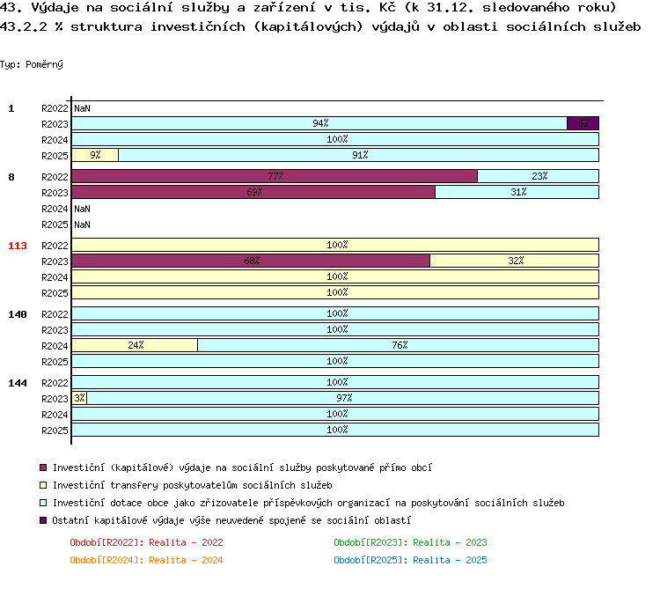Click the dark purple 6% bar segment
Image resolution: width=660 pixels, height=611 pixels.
point(583,123)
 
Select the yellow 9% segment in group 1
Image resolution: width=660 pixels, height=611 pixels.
point(95,155)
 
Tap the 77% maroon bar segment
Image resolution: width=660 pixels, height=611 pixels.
point(275,176)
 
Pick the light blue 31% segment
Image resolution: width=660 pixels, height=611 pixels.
point(517,192)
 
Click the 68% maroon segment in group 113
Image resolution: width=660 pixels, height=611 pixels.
point(251,261)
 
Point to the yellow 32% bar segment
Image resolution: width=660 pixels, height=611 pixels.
point(515,261)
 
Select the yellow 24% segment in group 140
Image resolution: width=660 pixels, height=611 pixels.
point(135,345)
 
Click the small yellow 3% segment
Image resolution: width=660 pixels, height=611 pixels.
point(79,398)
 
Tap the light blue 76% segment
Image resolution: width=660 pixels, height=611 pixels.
point(398,345)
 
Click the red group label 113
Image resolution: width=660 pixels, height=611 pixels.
point(18,246)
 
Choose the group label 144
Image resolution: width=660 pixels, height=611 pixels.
point(18,383)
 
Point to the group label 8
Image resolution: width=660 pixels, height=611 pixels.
point(11,177)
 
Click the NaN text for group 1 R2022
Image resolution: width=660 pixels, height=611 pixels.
point(82,108)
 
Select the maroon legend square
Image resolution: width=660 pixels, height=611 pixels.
point(43,467)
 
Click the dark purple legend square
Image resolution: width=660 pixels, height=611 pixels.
point(43,520)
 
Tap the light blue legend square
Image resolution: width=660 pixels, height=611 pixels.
point(43,503)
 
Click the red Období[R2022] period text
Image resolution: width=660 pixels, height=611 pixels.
point(146,542)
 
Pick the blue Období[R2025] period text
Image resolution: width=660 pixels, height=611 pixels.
point(410,560)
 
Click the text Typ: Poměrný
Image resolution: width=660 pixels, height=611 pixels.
point(32,64)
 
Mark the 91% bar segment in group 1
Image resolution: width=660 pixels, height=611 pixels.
point(359,155)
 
